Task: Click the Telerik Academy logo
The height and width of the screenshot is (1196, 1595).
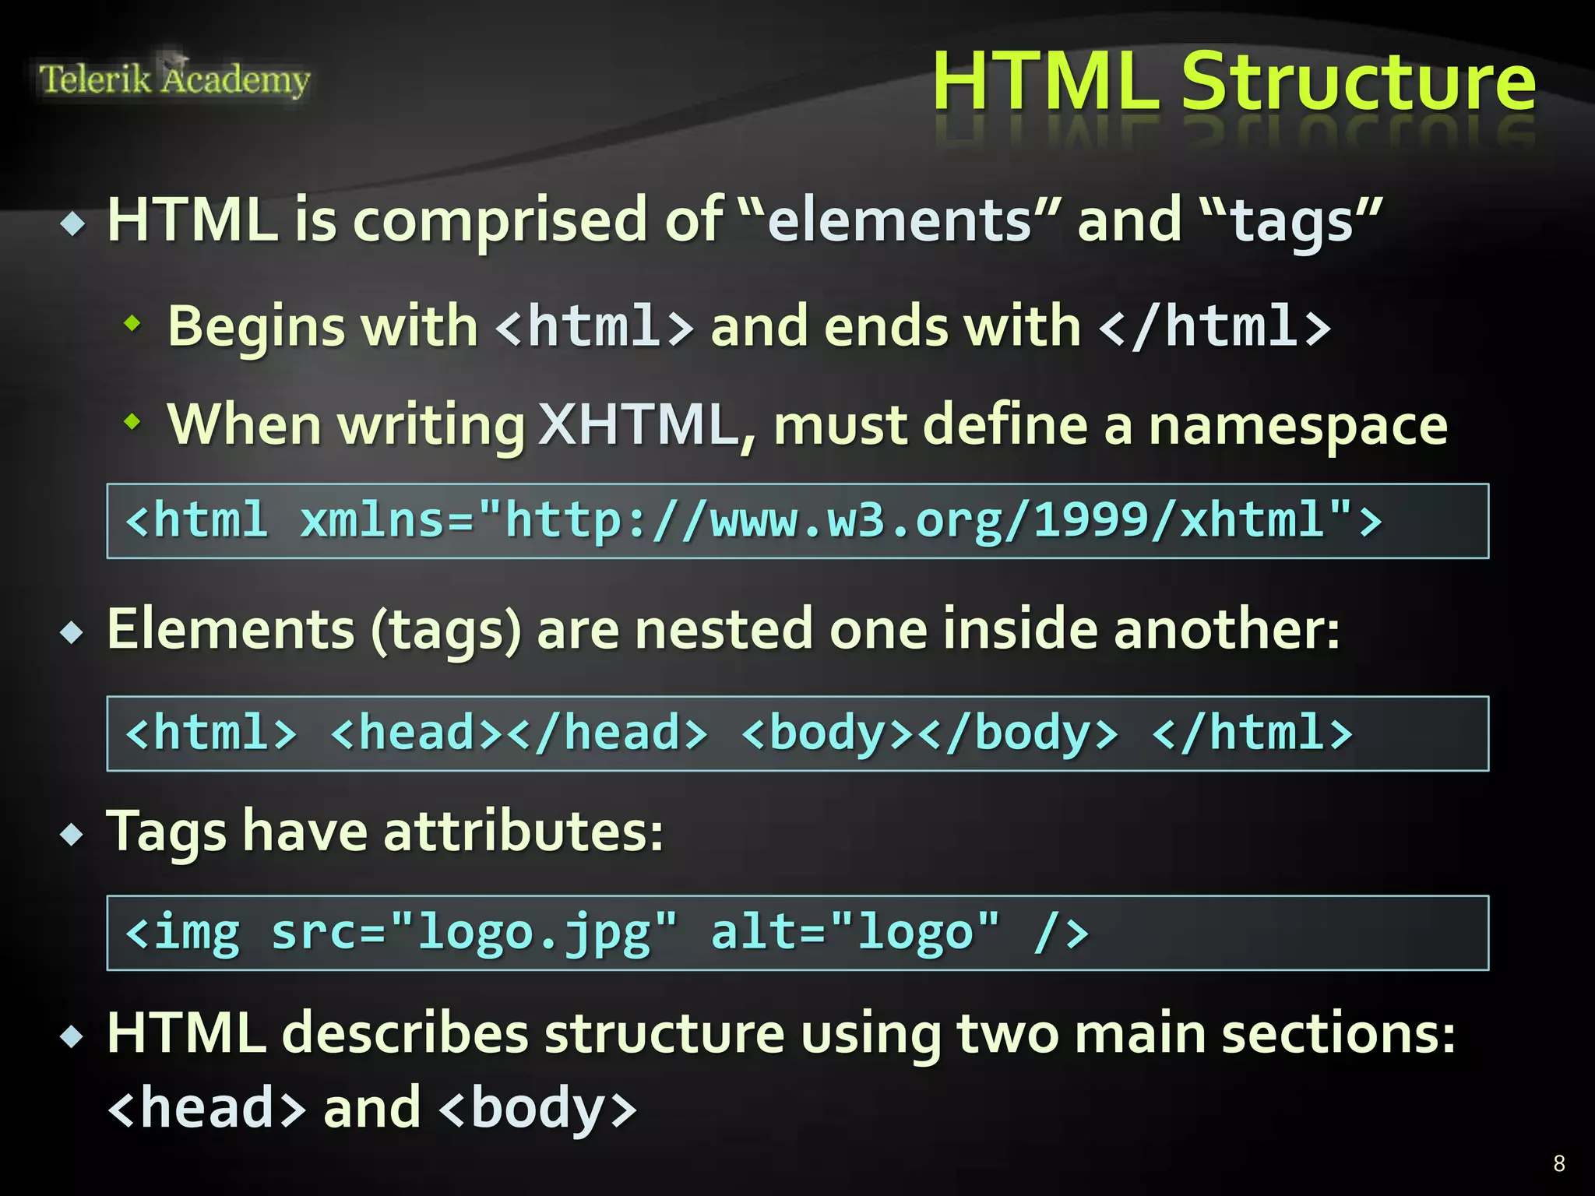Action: pos(174,79)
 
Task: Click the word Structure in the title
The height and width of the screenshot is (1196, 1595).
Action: pos(1358,82)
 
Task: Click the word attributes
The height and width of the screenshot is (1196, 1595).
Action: pos(523,832)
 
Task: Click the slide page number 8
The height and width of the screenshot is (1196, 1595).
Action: pos(1558,1163)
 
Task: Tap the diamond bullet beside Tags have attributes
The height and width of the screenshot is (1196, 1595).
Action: pos(72,835)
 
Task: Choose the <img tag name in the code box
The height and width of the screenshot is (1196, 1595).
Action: pos(182,933)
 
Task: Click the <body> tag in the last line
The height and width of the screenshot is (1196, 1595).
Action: pos(538,1108)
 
